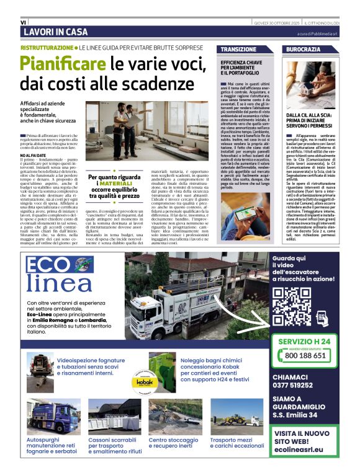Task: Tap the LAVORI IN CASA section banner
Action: coord(55,32)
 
